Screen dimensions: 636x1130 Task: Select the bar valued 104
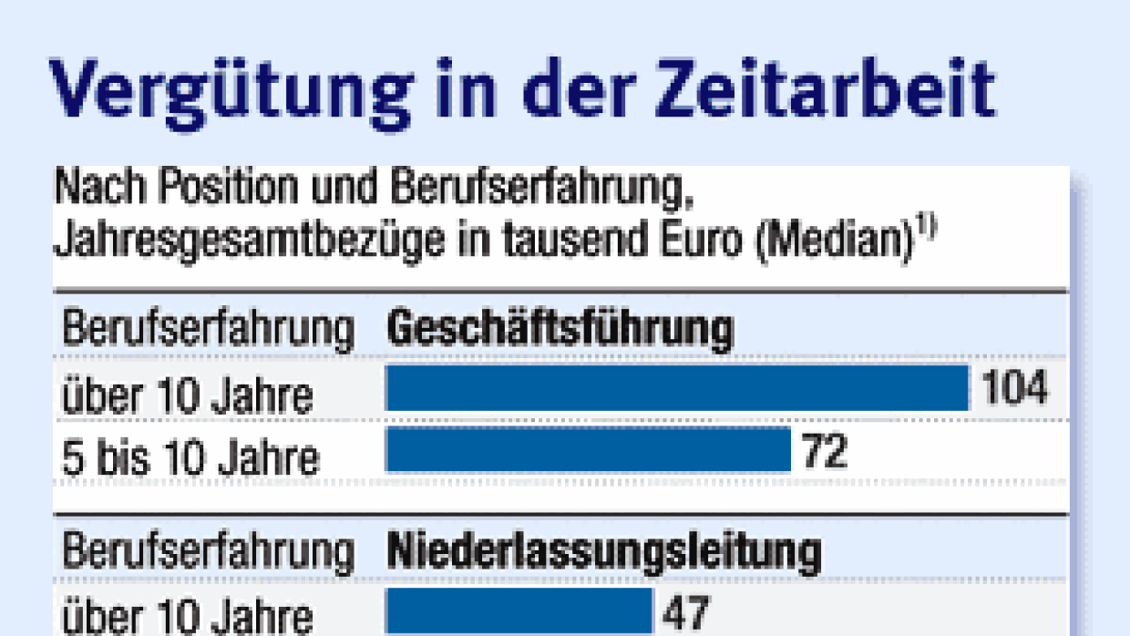677,389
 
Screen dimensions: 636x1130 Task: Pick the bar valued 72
588,449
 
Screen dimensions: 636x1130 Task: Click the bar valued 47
519,610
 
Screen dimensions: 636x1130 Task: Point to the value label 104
1015,389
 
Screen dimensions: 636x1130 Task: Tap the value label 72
825,450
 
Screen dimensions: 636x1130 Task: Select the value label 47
685,611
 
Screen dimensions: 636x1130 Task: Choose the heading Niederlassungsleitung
604,551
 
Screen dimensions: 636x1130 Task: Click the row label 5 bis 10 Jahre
190,456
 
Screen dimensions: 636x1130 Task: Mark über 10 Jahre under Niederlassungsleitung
187,616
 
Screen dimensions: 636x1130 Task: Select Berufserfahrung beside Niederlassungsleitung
208,552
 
